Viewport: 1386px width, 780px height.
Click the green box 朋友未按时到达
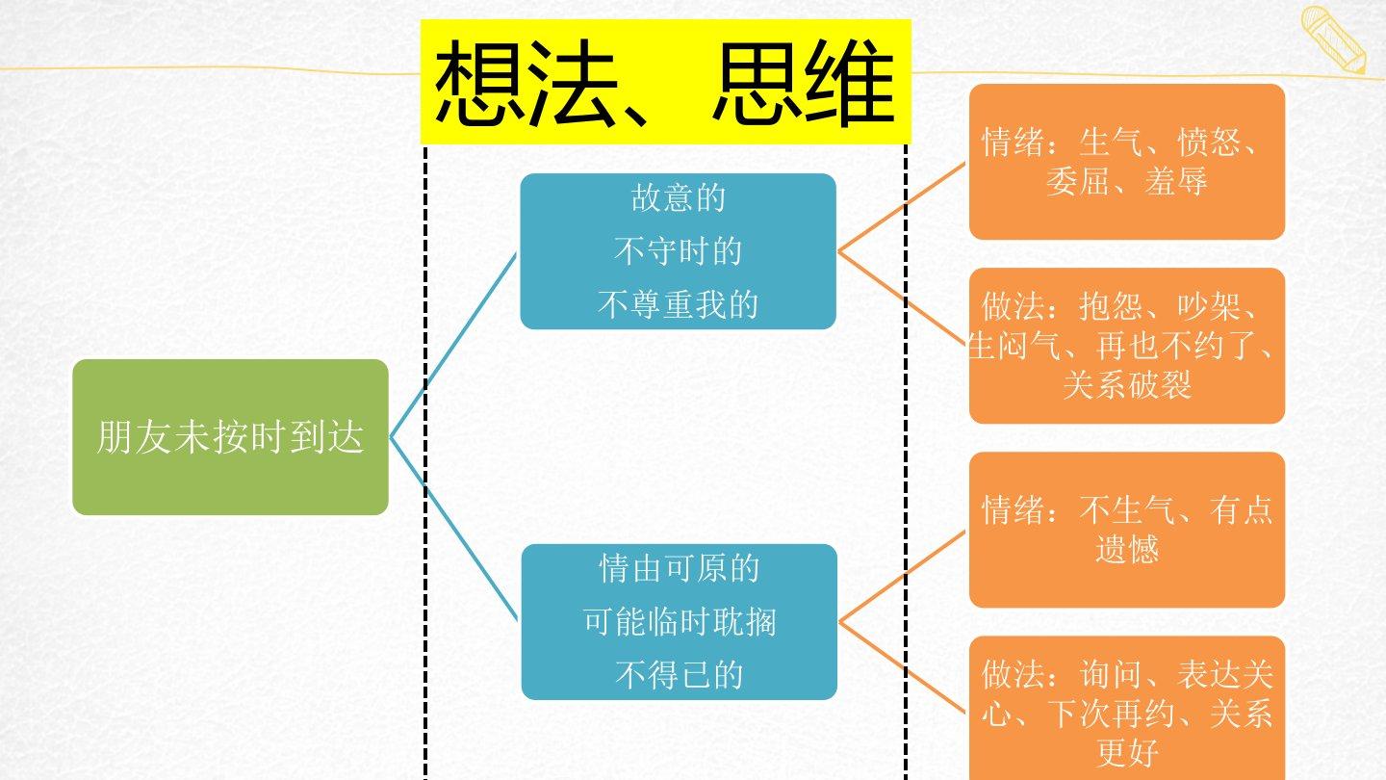[230, 437]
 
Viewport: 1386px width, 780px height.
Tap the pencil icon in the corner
[1334, 39]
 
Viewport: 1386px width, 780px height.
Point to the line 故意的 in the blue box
[678, 198]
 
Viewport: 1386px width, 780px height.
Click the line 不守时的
[678, 252]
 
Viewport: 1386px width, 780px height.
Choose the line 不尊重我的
[678, 305]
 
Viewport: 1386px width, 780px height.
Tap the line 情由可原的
[679, 568]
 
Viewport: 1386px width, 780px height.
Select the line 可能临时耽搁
[679, 622]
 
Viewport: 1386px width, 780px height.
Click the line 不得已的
[679, 675]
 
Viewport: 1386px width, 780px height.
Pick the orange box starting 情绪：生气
[1126, 162]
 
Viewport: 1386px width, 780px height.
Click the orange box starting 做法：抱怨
[1126, 346]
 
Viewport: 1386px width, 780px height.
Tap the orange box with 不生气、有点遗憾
[1126, 530]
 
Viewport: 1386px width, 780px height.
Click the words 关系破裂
[1127, 385]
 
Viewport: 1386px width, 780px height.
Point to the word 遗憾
[1126, 549]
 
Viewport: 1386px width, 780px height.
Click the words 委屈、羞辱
[1126, 182]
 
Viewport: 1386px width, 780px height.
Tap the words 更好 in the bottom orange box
[1126, 752]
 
